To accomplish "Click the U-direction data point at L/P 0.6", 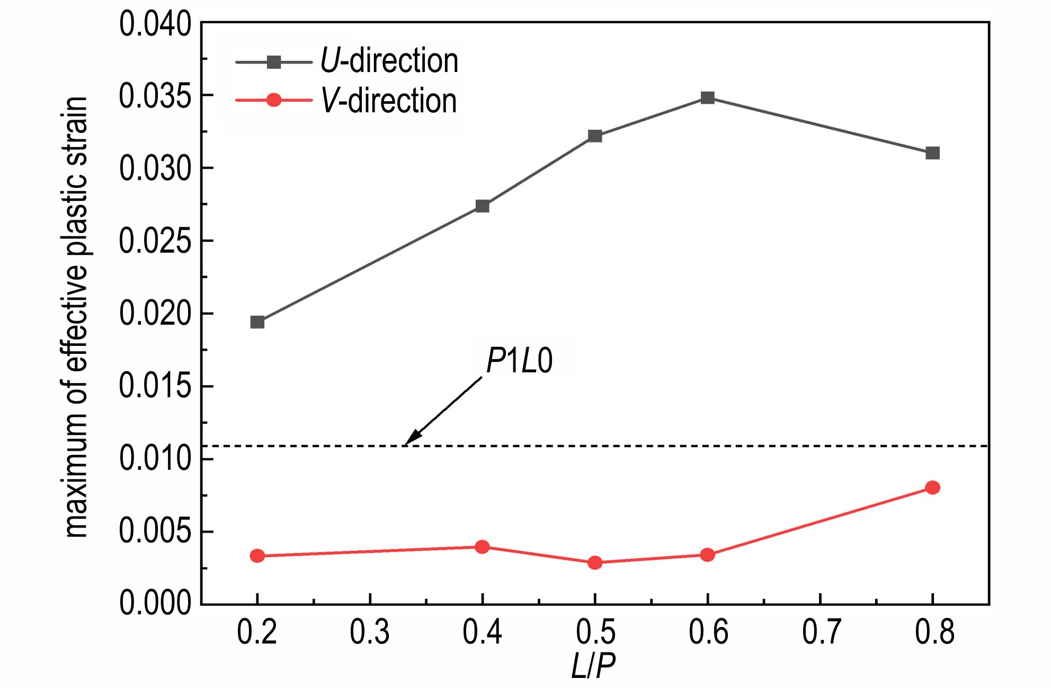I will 707,98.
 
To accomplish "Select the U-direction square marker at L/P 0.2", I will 257,322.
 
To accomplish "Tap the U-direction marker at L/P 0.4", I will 482,206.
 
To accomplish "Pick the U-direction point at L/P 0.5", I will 595,136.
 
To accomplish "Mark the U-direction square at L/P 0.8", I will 932,153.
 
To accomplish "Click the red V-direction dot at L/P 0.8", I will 932,487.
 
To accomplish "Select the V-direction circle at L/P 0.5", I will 595,562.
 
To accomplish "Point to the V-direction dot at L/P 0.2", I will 257,556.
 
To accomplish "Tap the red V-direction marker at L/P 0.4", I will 482,547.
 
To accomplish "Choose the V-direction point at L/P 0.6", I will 707,555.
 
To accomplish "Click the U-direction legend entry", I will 389,61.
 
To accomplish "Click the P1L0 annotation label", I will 519,362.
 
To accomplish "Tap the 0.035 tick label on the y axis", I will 154,96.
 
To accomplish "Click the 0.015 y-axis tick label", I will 154,387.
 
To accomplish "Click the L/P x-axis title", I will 593,667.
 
